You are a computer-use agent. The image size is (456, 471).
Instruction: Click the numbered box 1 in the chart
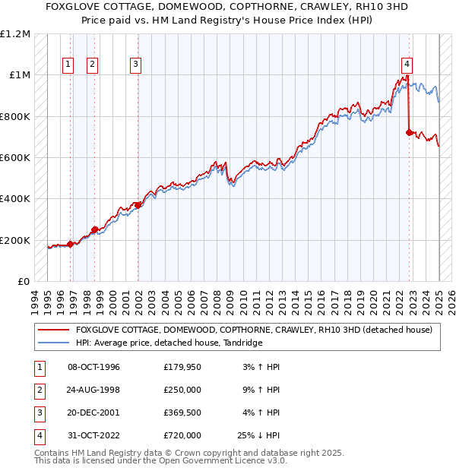point(68,65)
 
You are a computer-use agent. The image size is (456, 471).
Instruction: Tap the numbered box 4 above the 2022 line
point(407,65)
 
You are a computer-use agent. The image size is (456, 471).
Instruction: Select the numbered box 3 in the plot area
point(135,65)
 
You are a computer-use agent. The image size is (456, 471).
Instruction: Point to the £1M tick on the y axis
point(21,75)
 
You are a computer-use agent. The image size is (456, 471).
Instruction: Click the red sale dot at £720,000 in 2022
point(409,133)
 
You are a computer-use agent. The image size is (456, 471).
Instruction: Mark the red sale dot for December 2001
point(138,205)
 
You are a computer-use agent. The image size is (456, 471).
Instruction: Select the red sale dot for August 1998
point(95,229)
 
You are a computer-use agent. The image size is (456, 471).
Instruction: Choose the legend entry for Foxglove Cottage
point(254,330)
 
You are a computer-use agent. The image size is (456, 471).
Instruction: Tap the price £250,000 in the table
point(182,390)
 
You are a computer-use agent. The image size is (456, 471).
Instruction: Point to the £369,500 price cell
point(182,413)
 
